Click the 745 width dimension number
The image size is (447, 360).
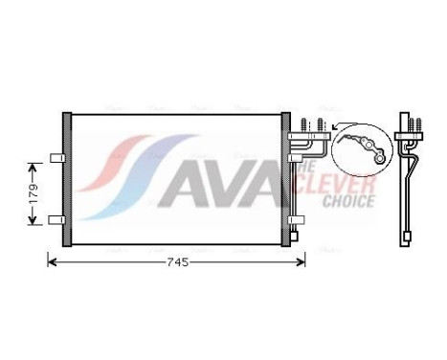pyautogui.click(x=176, y=261)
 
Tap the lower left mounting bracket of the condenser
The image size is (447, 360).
pyautogui.click(x=56, y=220)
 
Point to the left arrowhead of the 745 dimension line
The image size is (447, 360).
pyautogui.click(x=52, y=261)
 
